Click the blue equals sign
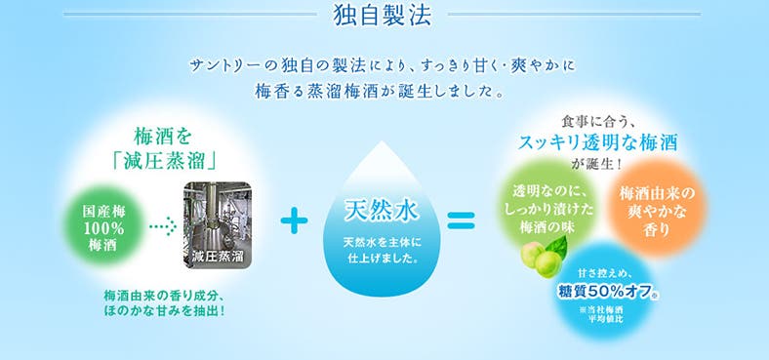point(461,220)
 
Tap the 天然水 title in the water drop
point(380,209)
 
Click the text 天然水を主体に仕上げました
point(381,251)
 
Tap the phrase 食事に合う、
point(598,121)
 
